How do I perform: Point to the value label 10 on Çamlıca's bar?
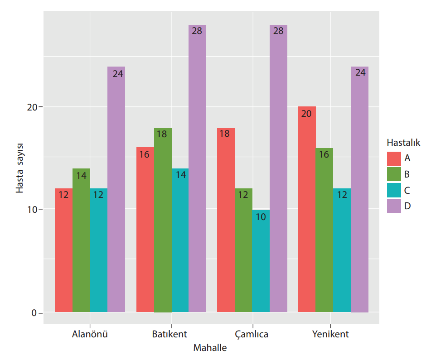[261, 216]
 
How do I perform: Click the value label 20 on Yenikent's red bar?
[306, 114]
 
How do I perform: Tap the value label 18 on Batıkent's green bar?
[162, 134]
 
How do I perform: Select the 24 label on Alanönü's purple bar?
[118, 73]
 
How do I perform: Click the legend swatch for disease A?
[394, 158]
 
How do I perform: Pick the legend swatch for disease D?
[394, 206]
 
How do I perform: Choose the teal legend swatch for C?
[394, 190]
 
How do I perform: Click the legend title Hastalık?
[403, 143]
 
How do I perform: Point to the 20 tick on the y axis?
[31, 107]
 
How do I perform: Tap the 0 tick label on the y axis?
[34, 313]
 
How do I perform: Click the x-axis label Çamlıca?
[252, 335]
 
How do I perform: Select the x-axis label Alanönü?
[90, 335]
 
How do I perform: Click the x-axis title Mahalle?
[210, 348]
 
